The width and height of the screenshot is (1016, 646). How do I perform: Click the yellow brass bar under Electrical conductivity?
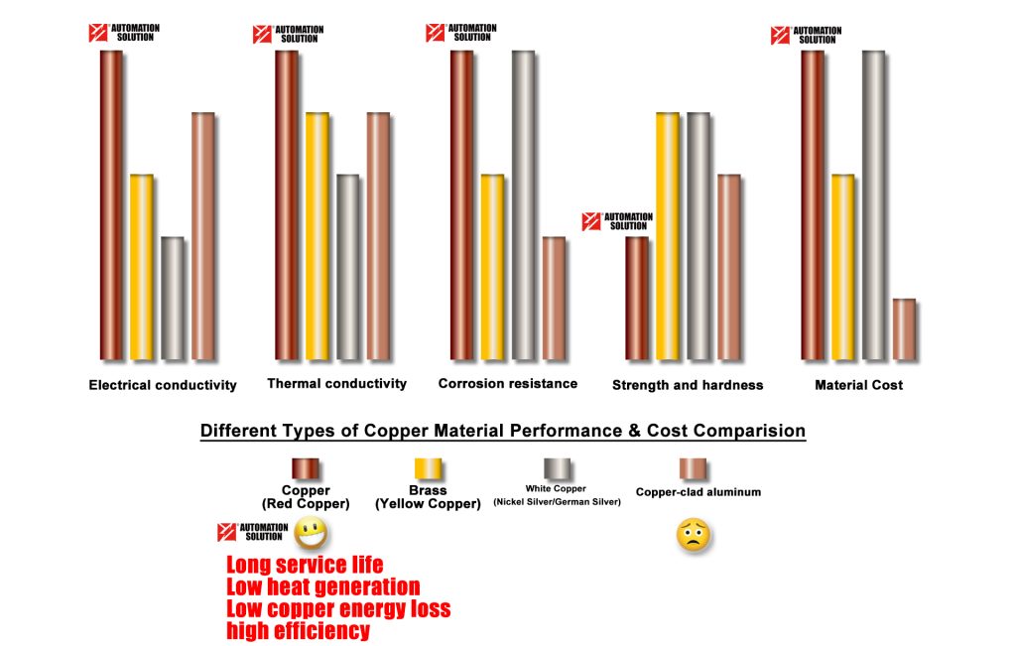tap(142, 266)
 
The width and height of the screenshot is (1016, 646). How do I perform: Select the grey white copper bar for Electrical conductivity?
tap(173, 298)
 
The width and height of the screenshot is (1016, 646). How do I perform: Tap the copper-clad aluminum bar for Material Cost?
tap(903, 328)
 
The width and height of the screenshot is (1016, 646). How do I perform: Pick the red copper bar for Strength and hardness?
tap(637, 298)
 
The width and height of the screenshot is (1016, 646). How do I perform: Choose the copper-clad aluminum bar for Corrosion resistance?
tap(554, 298)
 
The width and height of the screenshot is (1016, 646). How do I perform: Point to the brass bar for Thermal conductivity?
tap(317, 235)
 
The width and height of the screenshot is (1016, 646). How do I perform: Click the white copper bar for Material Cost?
tap(873, 204)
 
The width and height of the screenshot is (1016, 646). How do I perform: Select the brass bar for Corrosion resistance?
tap(493, 266)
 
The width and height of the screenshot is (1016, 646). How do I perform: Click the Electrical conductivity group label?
tap(163, 385)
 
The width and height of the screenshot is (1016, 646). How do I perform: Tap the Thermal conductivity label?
tap(337, 384)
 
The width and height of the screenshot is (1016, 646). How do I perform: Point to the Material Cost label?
tap(859, 385)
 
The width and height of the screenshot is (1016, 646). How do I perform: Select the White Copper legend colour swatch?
tap(556, 468)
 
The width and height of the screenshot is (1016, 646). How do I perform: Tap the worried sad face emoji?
tap(693, 536)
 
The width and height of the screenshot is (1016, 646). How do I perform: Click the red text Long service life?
tap(305, 566)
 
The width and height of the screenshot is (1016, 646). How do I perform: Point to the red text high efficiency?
tap(298, 630)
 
